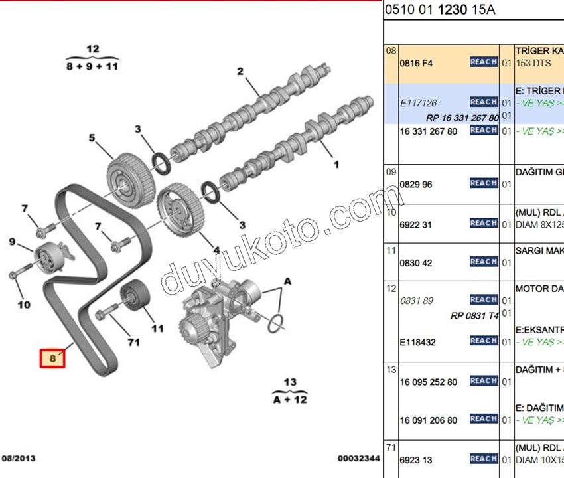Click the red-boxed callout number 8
click(53, 358)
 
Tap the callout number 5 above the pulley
click(93, 138)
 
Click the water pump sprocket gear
click(192, 327)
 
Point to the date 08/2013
click(19, 459)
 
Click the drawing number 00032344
click(358, 459)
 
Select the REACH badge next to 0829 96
click(483, 183)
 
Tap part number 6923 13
click(416, 460)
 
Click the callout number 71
click(133, 343)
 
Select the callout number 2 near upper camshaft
click(240, 72)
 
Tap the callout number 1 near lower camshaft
click(336, 163)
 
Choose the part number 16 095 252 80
click(428, 382)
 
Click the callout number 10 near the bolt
click(24, 305)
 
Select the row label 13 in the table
click(391, 369)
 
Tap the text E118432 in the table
click(417, 342)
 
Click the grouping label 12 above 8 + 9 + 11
click(92, 49)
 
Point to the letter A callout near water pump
click(287, 281)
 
